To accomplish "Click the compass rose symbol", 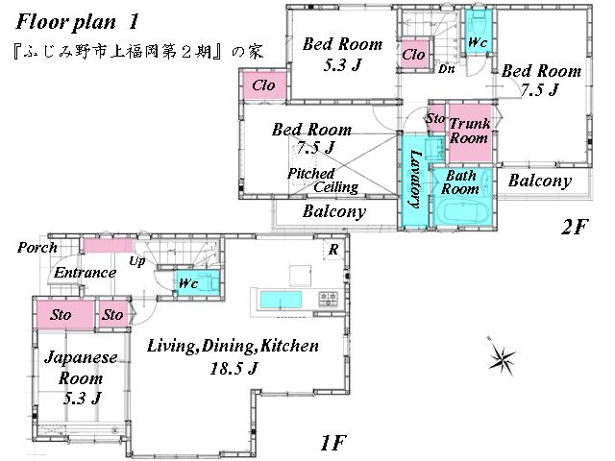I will (x=502, y=359).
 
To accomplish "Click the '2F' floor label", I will (x=577, y=228).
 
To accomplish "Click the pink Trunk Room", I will (x=469, y=131).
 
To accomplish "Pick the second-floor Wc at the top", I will (x=476, y=43).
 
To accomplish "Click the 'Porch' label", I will (x=36, y=248).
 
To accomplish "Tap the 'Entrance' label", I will (x=85, y=273).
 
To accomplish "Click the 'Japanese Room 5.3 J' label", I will (x=81, y=376).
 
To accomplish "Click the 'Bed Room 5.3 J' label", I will (x=342, y=54).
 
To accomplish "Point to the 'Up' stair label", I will (x=137, y=261).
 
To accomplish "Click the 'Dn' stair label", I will (x=446, y=69).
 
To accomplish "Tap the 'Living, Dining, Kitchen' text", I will (x=234, y=346).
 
